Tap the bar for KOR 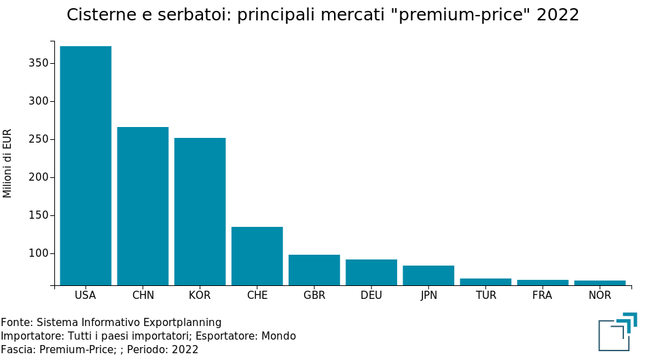pos(200,211)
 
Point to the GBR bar pos(314,270)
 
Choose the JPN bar pos(428,275)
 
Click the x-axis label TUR pos(486,295)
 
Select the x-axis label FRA pos(542,295)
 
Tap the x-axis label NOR pos(600,295)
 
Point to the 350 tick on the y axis pos(38,63)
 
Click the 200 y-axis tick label pos(38,177)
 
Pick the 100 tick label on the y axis pos(38,253)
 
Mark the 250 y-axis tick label pos(38,139)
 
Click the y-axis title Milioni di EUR pos(8,163)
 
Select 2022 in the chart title pos(557,15)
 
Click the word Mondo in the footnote pos(278,336)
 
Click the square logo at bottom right pos(617,332)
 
